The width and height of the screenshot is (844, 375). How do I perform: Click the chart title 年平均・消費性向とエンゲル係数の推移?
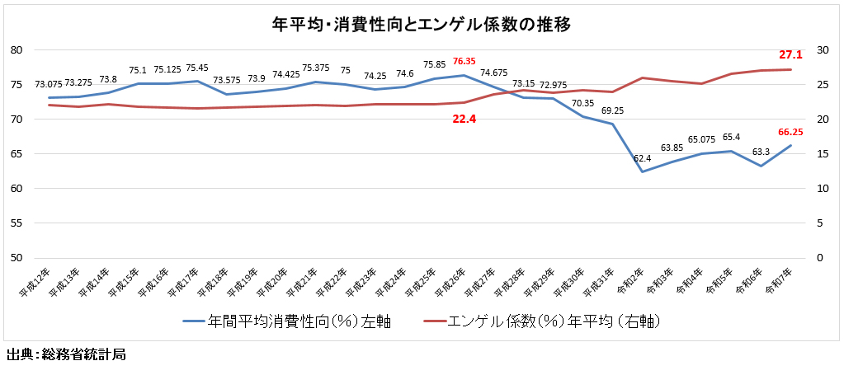[x=422, y=24]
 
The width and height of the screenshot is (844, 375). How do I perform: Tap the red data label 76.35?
[x=464, y=61]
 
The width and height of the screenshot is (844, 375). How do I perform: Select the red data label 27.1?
[x=790, y=55]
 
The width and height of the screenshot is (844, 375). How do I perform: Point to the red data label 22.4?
[x=464, y=119]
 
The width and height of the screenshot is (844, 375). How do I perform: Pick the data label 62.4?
[x=642, y=157]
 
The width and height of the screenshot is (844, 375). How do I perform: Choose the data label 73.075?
[x=49, y=84]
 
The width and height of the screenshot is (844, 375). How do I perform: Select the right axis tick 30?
[x=821, y=50]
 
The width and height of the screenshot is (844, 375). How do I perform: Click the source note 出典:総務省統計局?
[x=65, y=356]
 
